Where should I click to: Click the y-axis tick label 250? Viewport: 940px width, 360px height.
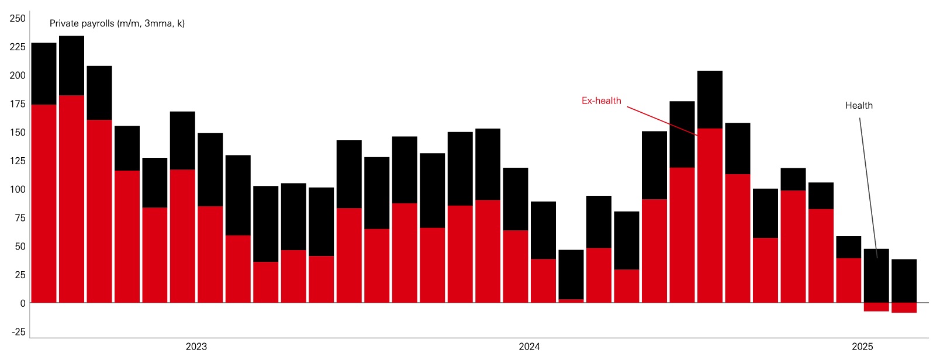click(18, 19)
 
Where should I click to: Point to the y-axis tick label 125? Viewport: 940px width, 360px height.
click(18, 161)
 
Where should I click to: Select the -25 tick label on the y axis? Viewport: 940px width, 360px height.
click(19, 332)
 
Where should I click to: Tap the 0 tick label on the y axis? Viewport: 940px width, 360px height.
click(23, 303)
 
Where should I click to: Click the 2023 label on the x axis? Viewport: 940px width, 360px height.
click(196, 347)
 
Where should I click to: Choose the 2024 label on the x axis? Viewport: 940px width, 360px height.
click(529, 347)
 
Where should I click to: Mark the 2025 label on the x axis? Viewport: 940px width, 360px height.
click(862, 347)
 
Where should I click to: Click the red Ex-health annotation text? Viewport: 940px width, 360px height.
click(601, 101)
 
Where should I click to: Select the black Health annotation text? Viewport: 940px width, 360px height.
click(859, 106)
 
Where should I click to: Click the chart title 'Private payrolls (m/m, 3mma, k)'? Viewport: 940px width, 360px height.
click(117, 23)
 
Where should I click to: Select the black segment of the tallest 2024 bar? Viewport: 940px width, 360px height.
click(710, 99)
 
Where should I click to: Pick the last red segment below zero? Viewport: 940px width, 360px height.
click(904, 307)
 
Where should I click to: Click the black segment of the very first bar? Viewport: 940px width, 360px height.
click(44, 74)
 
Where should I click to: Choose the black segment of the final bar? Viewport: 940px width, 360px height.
click(904, 281)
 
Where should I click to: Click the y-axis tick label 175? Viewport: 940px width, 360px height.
click(18, 104)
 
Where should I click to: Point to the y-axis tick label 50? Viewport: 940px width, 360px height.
click(20, 247)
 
